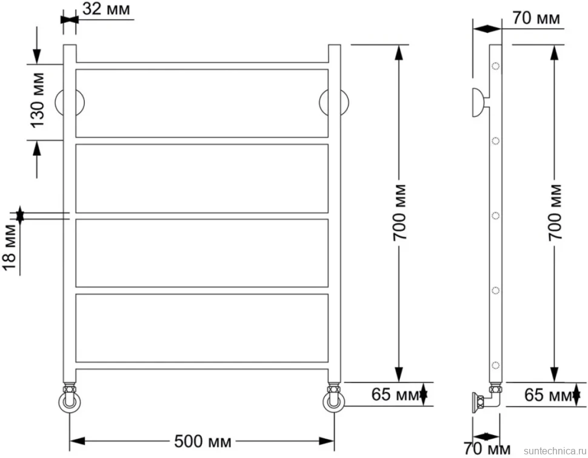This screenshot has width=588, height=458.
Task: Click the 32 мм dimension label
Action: [x=106, y=9]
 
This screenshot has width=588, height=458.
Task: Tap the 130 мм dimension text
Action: [x=38, y=100]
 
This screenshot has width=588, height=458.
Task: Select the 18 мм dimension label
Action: [x=9, y=247]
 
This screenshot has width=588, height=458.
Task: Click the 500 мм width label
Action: [x=202, y=442]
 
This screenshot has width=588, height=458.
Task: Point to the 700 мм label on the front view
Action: [x=399, y=212]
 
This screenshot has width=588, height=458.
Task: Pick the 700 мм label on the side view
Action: [x=555, y=212]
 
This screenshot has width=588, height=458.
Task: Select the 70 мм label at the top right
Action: [x=536, y=18]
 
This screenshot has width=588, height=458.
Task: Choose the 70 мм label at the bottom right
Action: [x=487, y=448]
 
